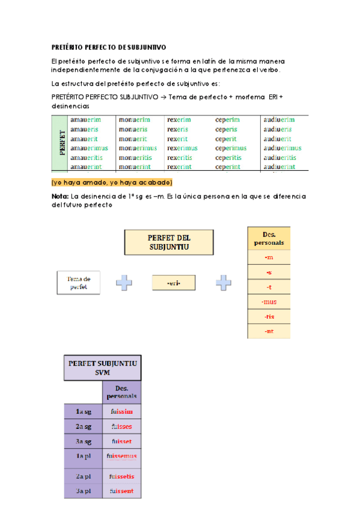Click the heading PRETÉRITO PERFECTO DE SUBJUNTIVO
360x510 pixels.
pos(109,47)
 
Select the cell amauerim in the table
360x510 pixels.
pos(85,120)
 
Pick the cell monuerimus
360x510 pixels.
pos(138,148)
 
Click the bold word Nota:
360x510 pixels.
pos(60,196)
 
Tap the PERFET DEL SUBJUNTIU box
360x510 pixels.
pos(161,242)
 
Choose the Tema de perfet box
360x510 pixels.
pos(79,283)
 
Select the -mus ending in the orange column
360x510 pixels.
pos(269,301)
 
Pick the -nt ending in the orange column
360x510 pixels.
pos(269,331)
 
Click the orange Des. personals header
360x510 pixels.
pos(269,238)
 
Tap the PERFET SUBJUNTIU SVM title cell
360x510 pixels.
pos(103,368)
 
